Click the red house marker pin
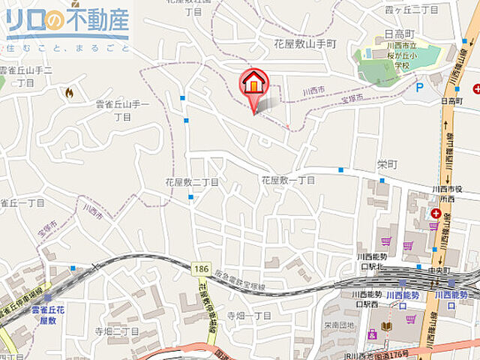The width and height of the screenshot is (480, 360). (x=254, y=85)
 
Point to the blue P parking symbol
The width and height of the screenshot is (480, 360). (x=420, y=88)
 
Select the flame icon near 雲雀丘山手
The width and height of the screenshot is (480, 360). (x=69, y=92)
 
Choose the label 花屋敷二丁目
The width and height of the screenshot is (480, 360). (x=191, y=181)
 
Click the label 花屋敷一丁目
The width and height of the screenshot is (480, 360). (x=288, y=181)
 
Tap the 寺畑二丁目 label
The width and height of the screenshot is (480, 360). (x=116, y=330)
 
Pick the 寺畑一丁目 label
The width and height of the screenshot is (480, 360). (x=250, y=315)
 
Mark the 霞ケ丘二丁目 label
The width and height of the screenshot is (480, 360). (x=411, y=9)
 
